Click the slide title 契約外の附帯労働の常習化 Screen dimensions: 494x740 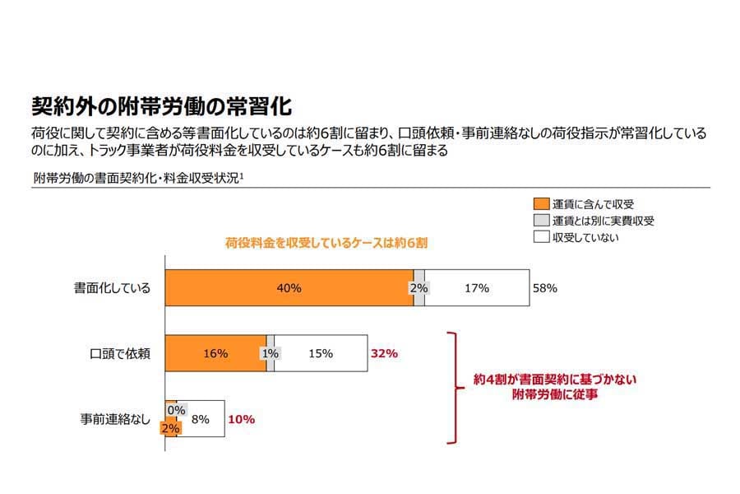coord(161,106)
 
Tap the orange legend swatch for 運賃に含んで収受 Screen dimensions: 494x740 coord(540,203)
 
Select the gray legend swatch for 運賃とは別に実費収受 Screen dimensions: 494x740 coord(540,221)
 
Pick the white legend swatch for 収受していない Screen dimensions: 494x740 coord(540,237)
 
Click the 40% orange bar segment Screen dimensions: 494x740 coord(289,288)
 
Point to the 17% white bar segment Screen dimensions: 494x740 coord(477,288)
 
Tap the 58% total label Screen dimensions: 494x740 coord(545,288)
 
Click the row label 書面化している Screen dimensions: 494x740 coord(112,289)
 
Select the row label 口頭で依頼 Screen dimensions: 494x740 coord(120,354)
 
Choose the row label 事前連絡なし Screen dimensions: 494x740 coord(114,419)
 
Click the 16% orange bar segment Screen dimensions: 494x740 coord(215,354)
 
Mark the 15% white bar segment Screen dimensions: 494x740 coord(320,354)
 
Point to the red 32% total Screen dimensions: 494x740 coord(384,354)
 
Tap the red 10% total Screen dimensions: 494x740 coord(241,419)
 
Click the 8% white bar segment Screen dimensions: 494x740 coord(200,419)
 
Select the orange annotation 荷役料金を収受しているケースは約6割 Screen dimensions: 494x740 coord(326,244)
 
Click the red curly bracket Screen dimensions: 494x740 coord(453,387)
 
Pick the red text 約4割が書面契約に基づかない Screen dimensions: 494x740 coord(555,380)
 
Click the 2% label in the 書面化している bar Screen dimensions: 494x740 coord(419,288)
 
